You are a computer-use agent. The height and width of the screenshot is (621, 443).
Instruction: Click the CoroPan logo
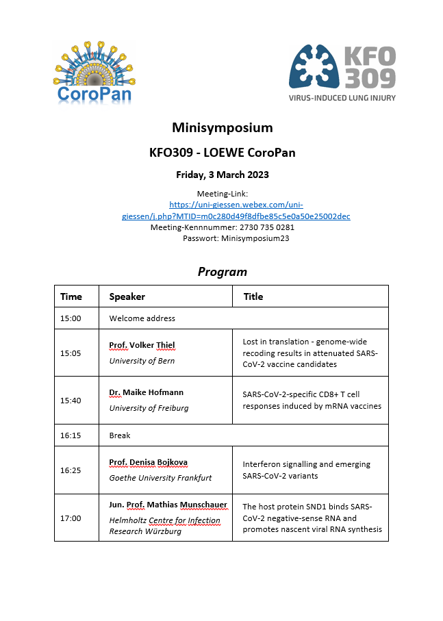[x=94, y=72]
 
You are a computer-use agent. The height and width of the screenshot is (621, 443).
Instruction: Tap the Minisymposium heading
[x=222, y=128]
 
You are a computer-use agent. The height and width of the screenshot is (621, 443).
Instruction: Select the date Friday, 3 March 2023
[x=222, y=175]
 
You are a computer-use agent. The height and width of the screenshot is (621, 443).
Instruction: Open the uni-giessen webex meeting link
[x=236, y=210]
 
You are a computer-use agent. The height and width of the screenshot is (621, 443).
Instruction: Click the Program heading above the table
[x=222, y=272]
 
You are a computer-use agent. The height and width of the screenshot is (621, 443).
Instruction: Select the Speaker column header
[x=127, y=296]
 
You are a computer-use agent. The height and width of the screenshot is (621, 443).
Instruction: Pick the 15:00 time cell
[x=71, y=318]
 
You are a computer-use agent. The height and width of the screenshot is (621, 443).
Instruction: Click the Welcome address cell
[x=142, y=318]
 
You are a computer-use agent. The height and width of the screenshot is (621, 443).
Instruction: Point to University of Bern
[x=142, y=361]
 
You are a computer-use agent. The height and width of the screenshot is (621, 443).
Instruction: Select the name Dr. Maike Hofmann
[x=146, y=392]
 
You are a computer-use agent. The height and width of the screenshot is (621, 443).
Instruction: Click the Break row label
[x=120, y=435]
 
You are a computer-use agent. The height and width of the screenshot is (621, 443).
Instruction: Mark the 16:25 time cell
[x=71, y=470]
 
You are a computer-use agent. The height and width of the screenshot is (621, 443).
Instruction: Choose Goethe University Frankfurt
[x=160, y=478]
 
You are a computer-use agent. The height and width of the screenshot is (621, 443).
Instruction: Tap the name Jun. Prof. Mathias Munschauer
[x=168, y=505]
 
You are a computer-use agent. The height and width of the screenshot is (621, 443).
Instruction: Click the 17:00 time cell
[x=71, y=518]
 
